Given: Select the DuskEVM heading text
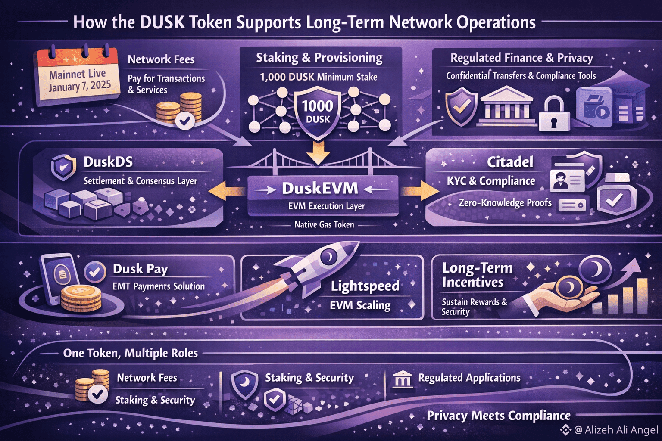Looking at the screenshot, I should [320, 188].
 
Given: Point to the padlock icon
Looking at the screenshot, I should [554, 114].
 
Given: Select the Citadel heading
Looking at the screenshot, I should [510, 162].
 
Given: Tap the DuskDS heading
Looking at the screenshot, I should [108, 162].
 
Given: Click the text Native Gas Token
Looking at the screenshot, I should [324, 224].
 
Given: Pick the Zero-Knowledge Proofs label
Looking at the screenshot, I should [505, 202].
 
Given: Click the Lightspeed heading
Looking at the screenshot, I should [365, 286].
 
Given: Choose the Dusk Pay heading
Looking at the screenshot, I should [141, 269].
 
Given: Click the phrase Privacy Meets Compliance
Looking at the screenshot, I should [499, 416].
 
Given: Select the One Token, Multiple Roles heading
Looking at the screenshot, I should [131, 353].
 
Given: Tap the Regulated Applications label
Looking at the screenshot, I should [469, 378].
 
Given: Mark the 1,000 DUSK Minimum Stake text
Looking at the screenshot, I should [319, 77].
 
